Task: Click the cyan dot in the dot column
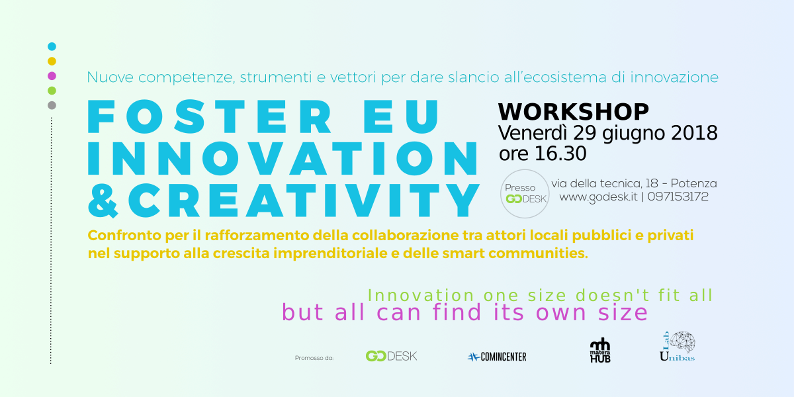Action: pyautogui.click(x=52, y=46)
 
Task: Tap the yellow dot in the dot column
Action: pyautogui.click(x=52, y=61)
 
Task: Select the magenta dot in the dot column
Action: pyautogui.click(x=52, y=75)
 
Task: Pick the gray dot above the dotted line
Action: pyautogui.click(x=52, y=105)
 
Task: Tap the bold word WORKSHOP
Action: pyautogui.click(x=573, y=111)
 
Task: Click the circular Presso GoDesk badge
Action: pyautogui.click(x=525, y=193)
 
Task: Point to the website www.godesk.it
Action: pyautogui.click(x=598, y=197)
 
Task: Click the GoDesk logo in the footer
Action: pyautogui.click(x=391, y=356)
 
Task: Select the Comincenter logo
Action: pyautogui.click(x=497, y=357)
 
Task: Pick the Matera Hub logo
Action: pyautogui.click(x=600, y=351)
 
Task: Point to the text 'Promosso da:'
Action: pyautogui.click(x=314, y=358)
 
